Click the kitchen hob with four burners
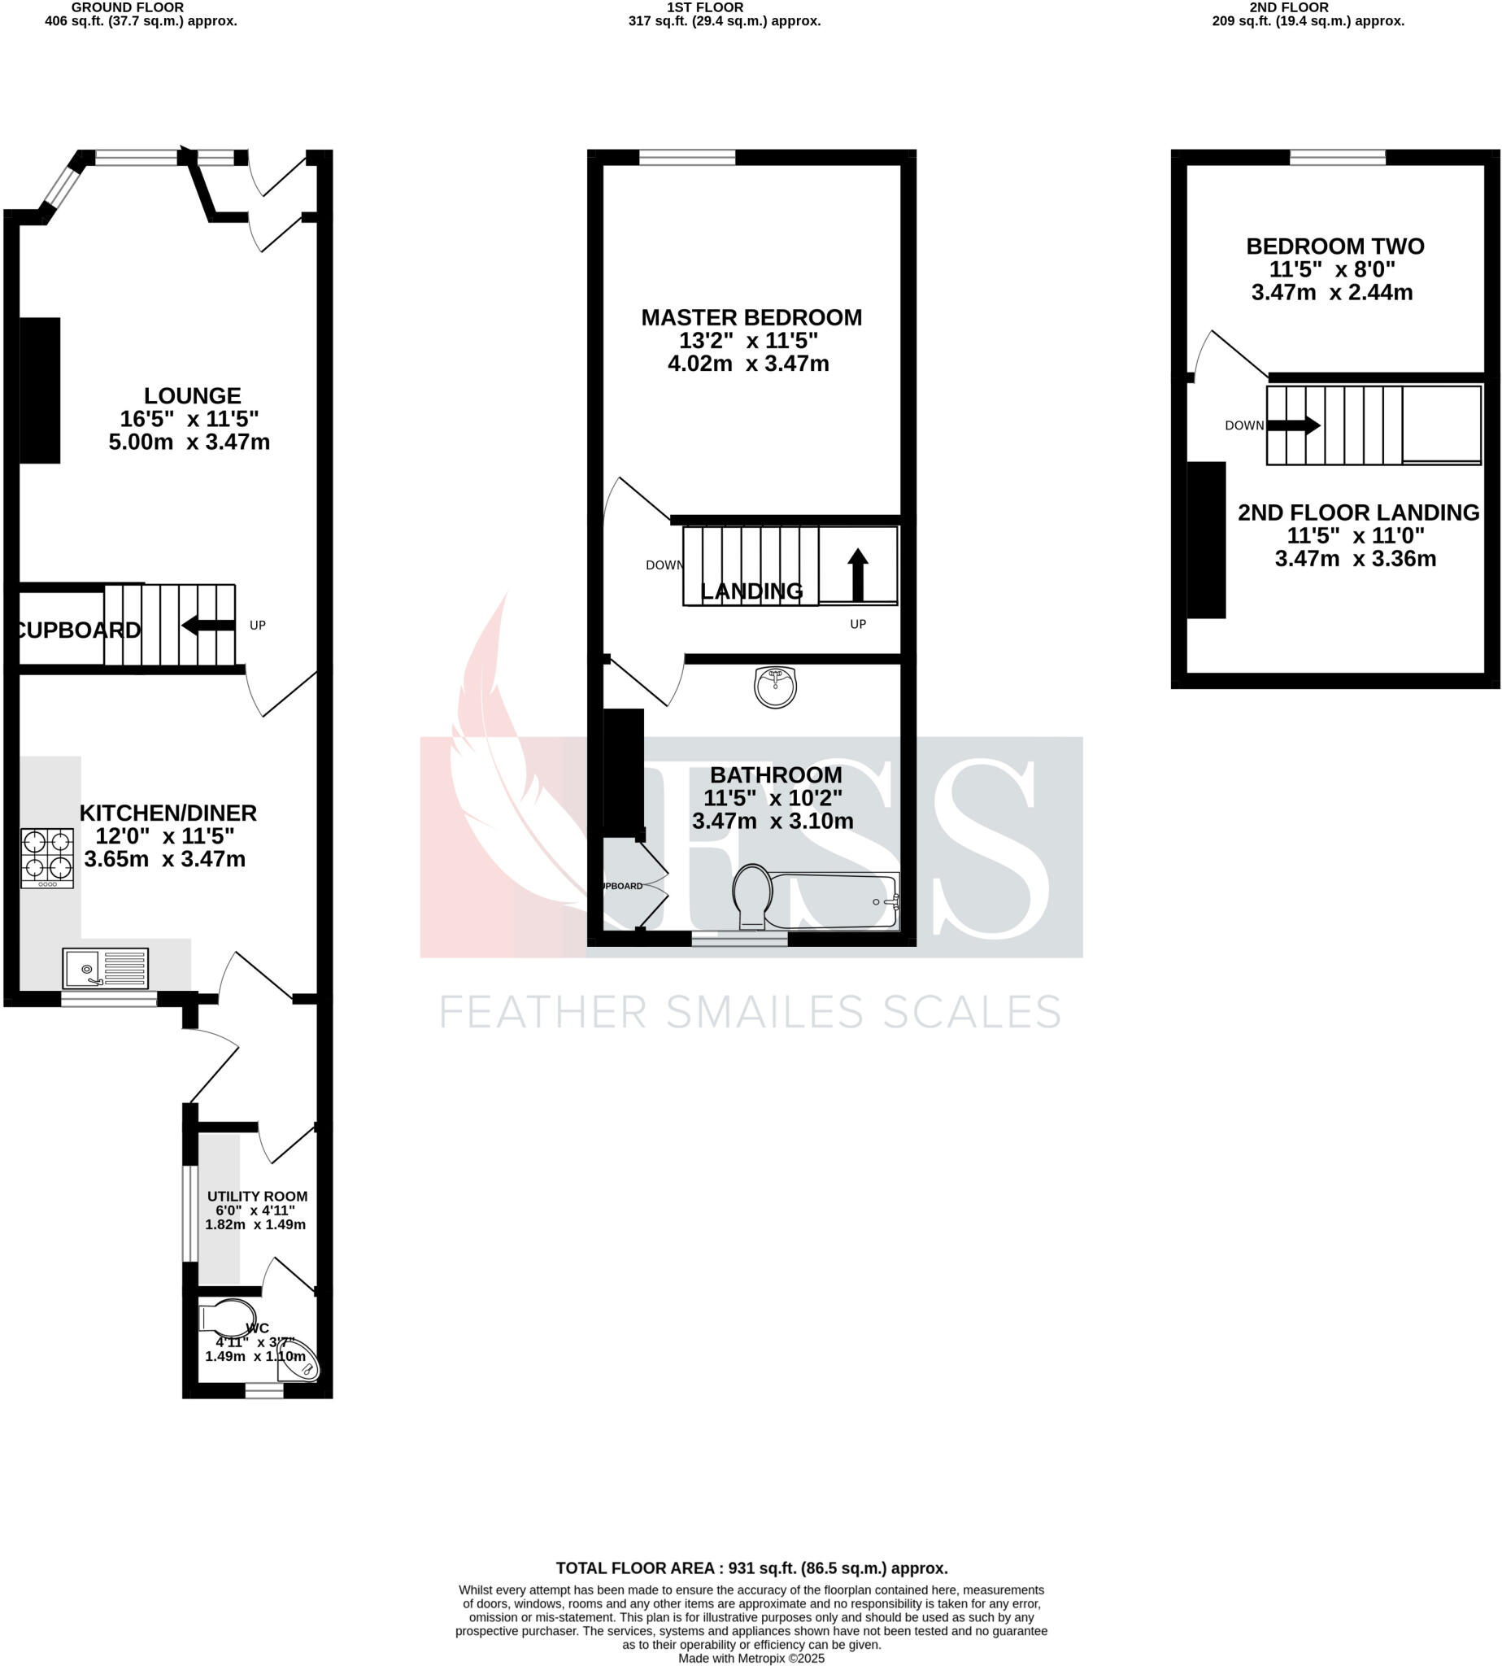point(47,857)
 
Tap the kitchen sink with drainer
point(105,967)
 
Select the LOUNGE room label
point(192,395)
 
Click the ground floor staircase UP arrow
point(208,625)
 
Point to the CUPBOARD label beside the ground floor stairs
point(78,630)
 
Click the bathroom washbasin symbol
point(775,687)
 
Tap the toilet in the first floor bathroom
point(752,896)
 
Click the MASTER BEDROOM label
point(751,318)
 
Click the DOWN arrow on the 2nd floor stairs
point(1293,425)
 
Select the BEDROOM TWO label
point(1334,246)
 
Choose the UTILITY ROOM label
point(257,1197)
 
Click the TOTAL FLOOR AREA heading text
point(751,1568)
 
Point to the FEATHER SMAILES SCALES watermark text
point(749,1012)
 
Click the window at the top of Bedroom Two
point(1337,157)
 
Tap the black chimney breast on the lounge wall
point(40,390)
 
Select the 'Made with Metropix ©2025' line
point(751,1658)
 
